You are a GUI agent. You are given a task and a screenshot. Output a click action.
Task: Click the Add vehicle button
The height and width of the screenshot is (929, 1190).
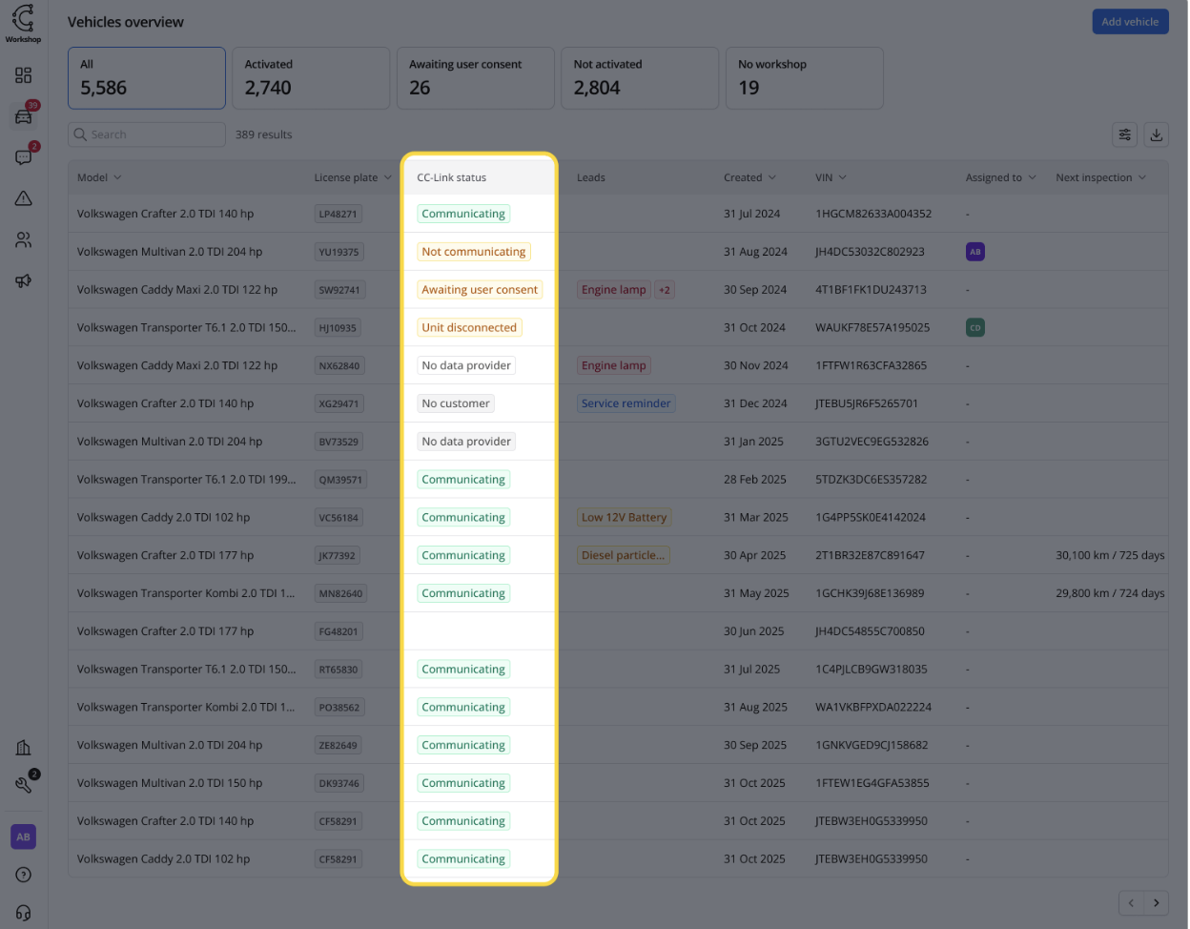pyautogui.click(x=1130, y=22)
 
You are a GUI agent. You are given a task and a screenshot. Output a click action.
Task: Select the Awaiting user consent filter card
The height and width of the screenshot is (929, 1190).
pyautogui.click(x=475, y=78)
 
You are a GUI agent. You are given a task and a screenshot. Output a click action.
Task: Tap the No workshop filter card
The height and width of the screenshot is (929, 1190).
pyautogui.click(x=804, y=78)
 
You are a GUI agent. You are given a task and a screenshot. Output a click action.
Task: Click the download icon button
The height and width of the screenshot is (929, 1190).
pyautogui.click(x=1156, y=134)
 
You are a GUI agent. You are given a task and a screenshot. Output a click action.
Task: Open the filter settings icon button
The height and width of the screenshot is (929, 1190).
pyautogui.click(x=1125, y=134)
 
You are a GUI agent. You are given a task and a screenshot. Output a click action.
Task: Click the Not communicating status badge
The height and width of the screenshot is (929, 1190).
pyautogui.click(x=474, y=252)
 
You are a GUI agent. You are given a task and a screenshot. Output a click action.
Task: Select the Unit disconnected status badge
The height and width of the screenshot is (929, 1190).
pyautogui.click(x=469, y=327)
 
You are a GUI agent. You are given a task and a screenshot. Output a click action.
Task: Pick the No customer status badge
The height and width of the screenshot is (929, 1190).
pyautogui.click(x=456, y=403)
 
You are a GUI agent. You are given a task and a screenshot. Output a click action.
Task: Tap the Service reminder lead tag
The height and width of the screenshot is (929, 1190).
pyautogui.click(x=626, y=403)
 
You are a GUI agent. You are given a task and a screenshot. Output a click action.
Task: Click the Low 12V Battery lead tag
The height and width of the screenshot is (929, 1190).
pyautogui.click(x=625, y=517)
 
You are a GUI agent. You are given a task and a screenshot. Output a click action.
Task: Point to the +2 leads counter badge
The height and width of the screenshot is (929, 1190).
pyautogui.click(x=665, y=290)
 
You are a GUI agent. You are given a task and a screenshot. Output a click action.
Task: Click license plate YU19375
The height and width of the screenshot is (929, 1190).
pyautogui.click(x=339, y=252)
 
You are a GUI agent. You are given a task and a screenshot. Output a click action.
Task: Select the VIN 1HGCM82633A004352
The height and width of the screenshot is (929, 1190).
pyautogui.click(x=873, y=214)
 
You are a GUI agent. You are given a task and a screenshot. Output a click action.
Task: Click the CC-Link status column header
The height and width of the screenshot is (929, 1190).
pyautogui.click(x=452, y=177)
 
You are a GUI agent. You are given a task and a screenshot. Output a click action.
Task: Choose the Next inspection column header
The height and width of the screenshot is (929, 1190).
pyautogui.click(x=1094, y=177)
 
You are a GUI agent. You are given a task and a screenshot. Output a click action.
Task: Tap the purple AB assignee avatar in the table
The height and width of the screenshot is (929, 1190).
pyautogui.click(x=975, y=252)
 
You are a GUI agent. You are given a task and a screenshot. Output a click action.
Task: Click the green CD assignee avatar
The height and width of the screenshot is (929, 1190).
pyautogui.click(x=975, y=327)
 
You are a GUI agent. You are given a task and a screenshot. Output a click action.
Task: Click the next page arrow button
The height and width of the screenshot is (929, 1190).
pyautogui.click(x=1156, y=902)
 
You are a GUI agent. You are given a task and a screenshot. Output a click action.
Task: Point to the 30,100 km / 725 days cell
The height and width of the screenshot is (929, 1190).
pyautogui.click(x=1110, y=555)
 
